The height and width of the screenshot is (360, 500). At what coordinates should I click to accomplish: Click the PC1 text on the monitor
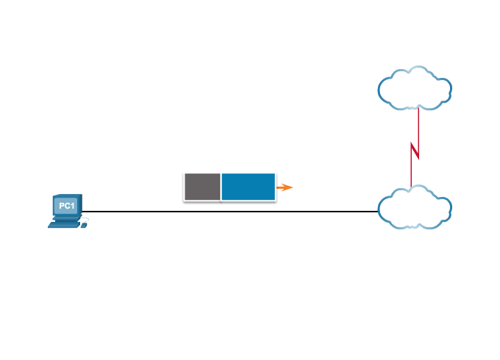click(x=66, y=206)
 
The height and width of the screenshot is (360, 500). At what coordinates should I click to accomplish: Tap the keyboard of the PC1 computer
click(x=64, y=224)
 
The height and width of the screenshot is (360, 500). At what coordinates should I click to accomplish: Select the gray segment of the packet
click(x=202, y=187)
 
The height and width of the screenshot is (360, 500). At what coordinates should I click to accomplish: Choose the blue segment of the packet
click(x=249, y=187)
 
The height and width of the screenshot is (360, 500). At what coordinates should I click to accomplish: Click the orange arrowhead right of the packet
click(x=286, y=187)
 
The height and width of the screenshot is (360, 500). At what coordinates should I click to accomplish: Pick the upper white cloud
click(x=415, y=89)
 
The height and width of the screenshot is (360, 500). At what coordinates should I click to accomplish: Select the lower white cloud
click(x=415, y=208)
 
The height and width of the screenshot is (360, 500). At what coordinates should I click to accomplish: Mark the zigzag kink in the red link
click(x=415, y=151)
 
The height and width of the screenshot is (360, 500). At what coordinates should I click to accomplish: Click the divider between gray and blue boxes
click(x=221, y=187)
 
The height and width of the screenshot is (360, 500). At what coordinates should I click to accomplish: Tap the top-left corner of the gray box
click(x=184, y=173)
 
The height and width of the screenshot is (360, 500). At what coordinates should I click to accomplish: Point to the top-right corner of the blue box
click(x=276, y=173)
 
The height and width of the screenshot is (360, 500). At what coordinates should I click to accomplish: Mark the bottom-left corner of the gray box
click(x=184, y=200)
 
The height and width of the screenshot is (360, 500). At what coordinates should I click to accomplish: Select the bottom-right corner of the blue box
click(x=276, y=200)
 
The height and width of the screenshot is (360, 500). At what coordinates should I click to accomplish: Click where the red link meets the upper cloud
click(x=418, y=109)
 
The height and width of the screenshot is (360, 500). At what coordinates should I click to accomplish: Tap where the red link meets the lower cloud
click(x=411, y=187)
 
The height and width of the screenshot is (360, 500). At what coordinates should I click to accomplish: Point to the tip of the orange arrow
click(x=293, y=187)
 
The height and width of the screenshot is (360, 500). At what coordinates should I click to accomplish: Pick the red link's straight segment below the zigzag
click(x=412, y=173)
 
